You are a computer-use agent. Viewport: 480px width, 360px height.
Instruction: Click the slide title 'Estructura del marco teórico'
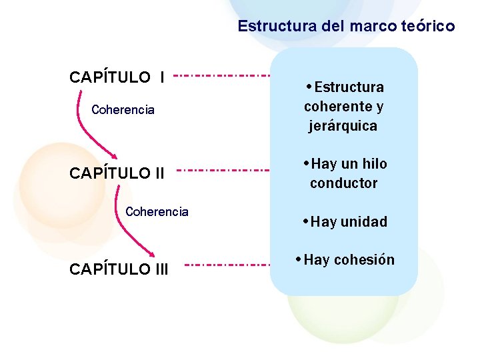coord(346,27)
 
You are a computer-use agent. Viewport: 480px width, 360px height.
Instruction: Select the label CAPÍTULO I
coord(117,77)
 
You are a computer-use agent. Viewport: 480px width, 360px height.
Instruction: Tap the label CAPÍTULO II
coord(117,173)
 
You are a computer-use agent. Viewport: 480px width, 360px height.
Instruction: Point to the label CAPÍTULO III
coord(119,269)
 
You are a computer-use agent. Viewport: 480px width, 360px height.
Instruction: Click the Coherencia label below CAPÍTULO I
coord(123,110)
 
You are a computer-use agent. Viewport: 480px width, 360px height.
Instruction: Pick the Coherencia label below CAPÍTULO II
coord(157,212)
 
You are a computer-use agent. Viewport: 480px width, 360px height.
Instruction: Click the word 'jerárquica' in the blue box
coord(343,126)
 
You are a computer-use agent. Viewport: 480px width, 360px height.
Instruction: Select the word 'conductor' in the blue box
coord(343,183)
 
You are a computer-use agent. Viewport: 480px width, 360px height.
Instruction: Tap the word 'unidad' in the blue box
coord(363,222)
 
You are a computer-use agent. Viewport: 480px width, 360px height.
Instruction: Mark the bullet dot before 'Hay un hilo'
coord(305,163)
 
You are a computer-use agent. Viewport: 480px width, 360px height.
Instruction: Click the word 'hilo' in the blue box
coord(374,164)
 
